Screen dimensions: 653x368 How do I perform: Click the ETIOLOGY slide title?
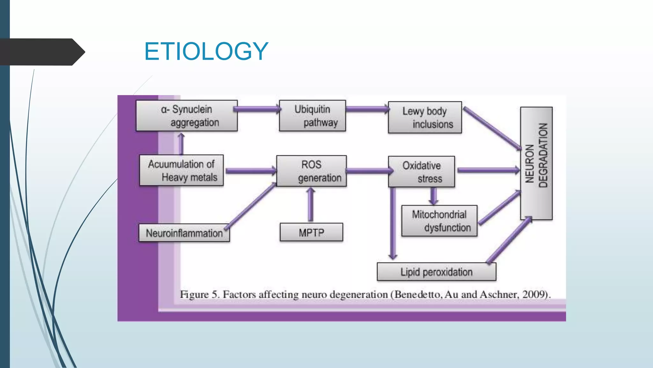206,51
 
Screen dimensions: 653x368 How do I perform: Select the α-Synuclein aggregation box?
187,116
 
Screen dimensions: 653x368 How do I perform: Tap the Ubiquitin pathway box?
312,116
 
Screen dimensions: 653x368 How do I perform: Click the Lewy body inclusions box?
425,117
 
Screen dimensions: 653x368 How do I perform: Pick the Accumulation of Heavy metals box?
181,170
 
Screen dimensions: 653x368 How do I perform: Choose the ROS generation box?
311,171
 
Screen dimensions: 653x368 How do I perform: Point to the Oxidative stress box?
421,172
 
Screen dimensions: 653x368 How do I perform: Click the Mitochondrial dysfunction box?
439,221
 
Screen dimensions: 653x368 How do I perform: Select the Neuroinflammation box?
184,233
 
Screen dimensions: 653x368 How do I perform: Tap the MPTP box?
311,232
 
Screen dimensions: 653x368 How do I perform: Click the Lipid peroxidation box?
436,272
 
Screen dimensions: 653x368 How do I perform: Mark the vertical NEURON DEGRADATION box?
536,163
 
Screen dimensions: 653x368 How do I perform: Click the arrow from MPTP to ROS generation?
310,204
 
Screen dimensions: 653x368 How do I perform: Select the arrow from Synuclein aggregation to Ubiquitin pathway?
258,109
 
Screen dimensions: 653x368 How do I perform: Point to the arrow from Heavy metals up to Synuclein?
181,144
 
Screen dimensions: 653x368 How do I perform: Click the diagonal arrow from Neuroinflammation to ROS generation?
251,205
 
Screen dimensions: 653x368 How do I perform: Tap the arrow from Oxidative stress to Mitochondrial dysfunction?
433,196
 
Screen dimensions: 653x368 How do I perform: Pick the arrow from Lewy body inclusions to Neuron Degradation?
491,128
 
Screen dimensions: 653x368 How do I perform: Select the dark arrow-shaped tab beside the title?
41,52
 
